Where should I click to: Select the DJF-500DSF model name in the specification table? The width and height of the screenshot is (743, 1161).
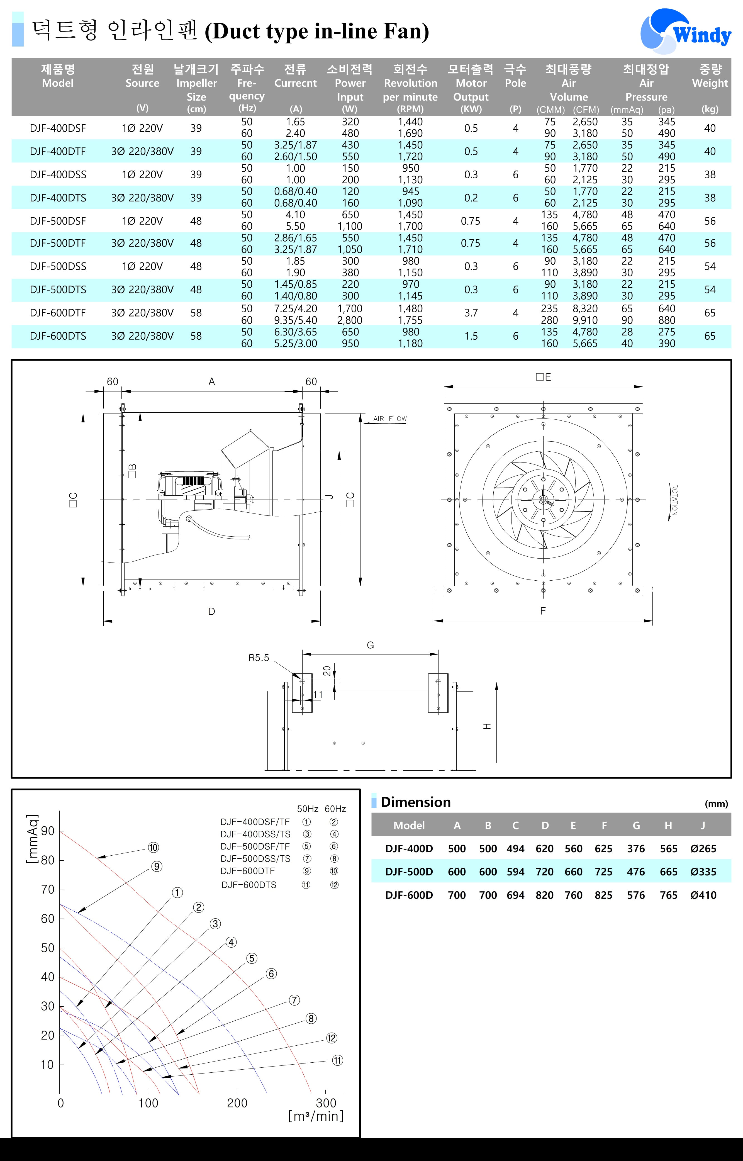click(58, 221)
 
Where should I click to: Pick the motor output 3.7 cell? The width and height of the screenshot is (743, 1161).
click(471, 313)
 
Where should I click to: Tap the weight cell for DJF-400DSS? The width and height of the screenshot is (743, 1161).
click(710, 175)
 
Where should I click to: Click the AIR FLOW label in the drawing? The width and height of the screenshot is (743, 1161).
click(390, 419)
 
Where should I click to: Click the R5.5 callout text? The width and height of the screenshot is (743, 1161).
click(259, 658)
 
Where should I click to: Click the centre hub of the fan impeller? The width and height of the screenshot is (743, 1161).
click(543, 500)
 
